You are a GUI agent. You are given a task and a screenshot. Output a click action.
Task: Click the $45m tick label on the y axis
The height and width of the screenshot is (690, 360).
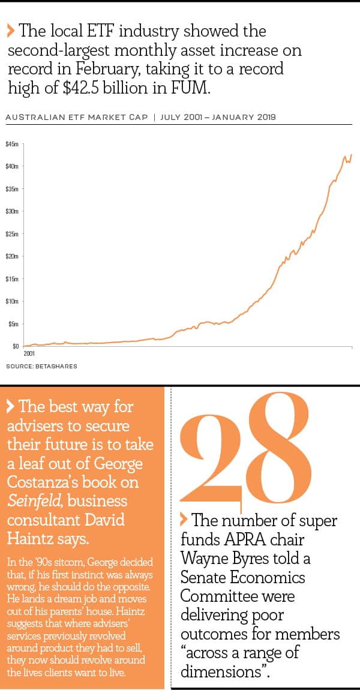(11, 144)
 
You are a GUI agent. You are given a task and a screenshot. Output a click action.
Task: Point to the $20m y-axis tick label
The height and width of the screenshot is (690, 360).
(11, 256)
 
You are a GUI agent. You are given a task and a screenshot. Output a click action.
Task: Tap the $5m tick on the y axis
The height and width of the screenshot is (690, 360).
(13, 324)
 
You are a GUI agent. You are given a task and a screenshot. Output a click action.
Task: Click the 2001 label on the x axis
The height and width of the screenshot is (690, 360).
(29, 355)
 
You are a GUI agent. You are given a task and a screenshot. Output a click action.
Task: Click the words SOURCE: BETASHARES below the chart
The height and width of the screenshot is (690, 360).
(41, 366)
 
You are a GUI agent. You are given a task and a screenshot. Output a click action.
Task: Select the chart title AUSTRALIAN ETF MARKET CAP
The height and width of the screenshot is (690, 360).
(76, 117)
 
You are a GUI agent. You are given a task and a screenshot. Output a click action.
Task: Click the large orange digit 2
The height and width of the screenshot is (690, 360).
(209, 450)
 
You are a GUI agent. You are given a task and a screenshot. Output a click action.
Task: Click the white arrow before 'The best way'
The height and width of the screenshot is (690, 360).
(11, 407)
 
